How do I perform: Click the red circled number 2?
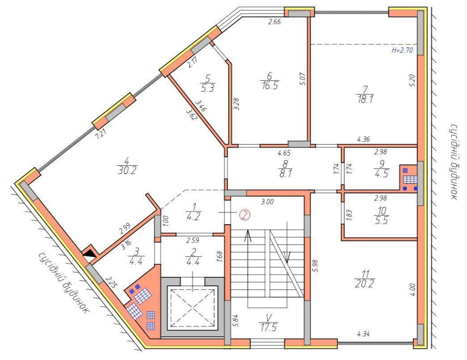(244, 215)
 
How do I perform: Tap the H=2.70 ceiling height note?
(402, 50)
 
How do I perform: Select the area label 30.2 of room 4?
(127, 171)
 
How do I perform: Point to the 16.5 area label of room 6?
(270, 86)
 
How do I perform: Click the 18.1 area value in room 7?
(365, 99)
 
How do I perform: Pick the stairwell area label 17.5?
(268, 327)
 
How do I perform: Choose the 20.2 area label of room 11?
(365, 284)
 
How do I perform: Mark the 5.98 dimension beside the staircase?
(316, 266)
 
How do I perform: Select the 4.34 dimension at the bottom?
(363, 334)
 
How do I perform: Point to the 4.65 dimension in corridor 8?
(284, 153)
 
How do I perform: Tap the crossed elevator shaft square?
(192, 307)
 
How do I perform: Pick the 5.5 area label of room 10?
(382, 221)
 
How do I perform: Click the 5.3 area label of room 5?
(208, 88)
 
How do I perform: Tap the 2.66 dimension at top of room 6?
(274, 21)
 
